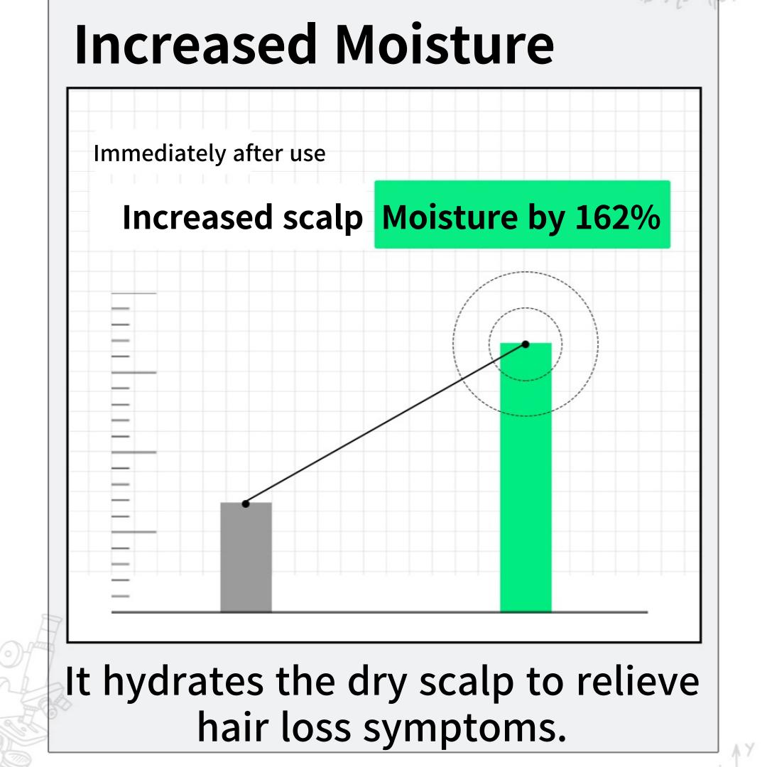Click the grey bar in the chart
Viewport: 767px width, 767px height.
pos(246,557)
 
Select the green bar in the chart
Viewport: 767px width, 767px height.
pos(526,477)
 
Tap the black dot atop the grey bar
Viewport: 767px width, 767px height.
pos(246,504)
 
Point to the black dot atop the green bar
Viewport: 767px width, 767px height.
pos(526,344)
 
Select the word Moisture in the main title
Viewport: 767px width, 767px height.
pos(445,45)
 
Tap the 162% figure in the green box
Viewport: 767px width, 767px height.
pos(617,217)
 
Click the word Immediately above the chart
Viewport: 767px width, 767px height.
pos(160,154)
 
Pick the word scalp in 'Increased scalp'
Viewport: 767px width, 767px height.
pos(323,218)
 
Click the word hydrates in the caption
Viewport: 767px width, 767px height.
pos(183,682)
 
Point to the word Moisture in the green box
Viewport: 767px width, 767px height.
pos(450,217)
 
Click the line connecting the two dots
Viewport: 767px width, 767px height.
pos(386,424)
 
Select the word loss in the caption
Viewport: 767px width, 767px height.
pos(316,727)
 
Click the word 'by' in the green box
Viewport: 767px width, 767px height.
pos(546,218)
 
